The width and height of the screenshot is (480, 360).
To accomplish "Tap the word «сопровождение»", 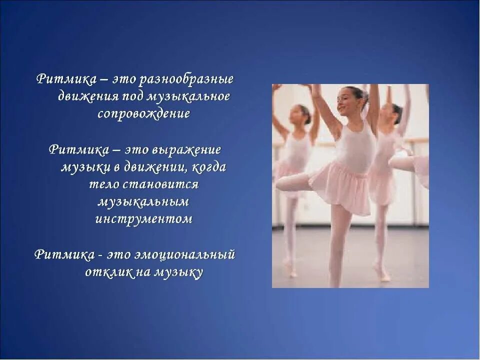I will (x=143, y=114).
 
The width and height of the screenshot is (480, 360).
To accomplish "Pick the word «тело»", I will (x=104, y=184).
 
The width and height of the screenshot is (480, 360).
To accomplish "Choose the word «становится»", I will (x=160, y=184).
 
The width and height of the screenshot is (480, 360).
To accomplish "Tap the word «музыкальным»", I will (x=143, y=202).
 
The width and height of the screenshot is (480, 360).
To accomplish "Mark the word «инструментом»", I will (x=143, y=219).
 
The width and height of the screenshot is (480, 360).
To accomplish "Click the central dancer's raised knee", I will (x=281, y=183).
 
